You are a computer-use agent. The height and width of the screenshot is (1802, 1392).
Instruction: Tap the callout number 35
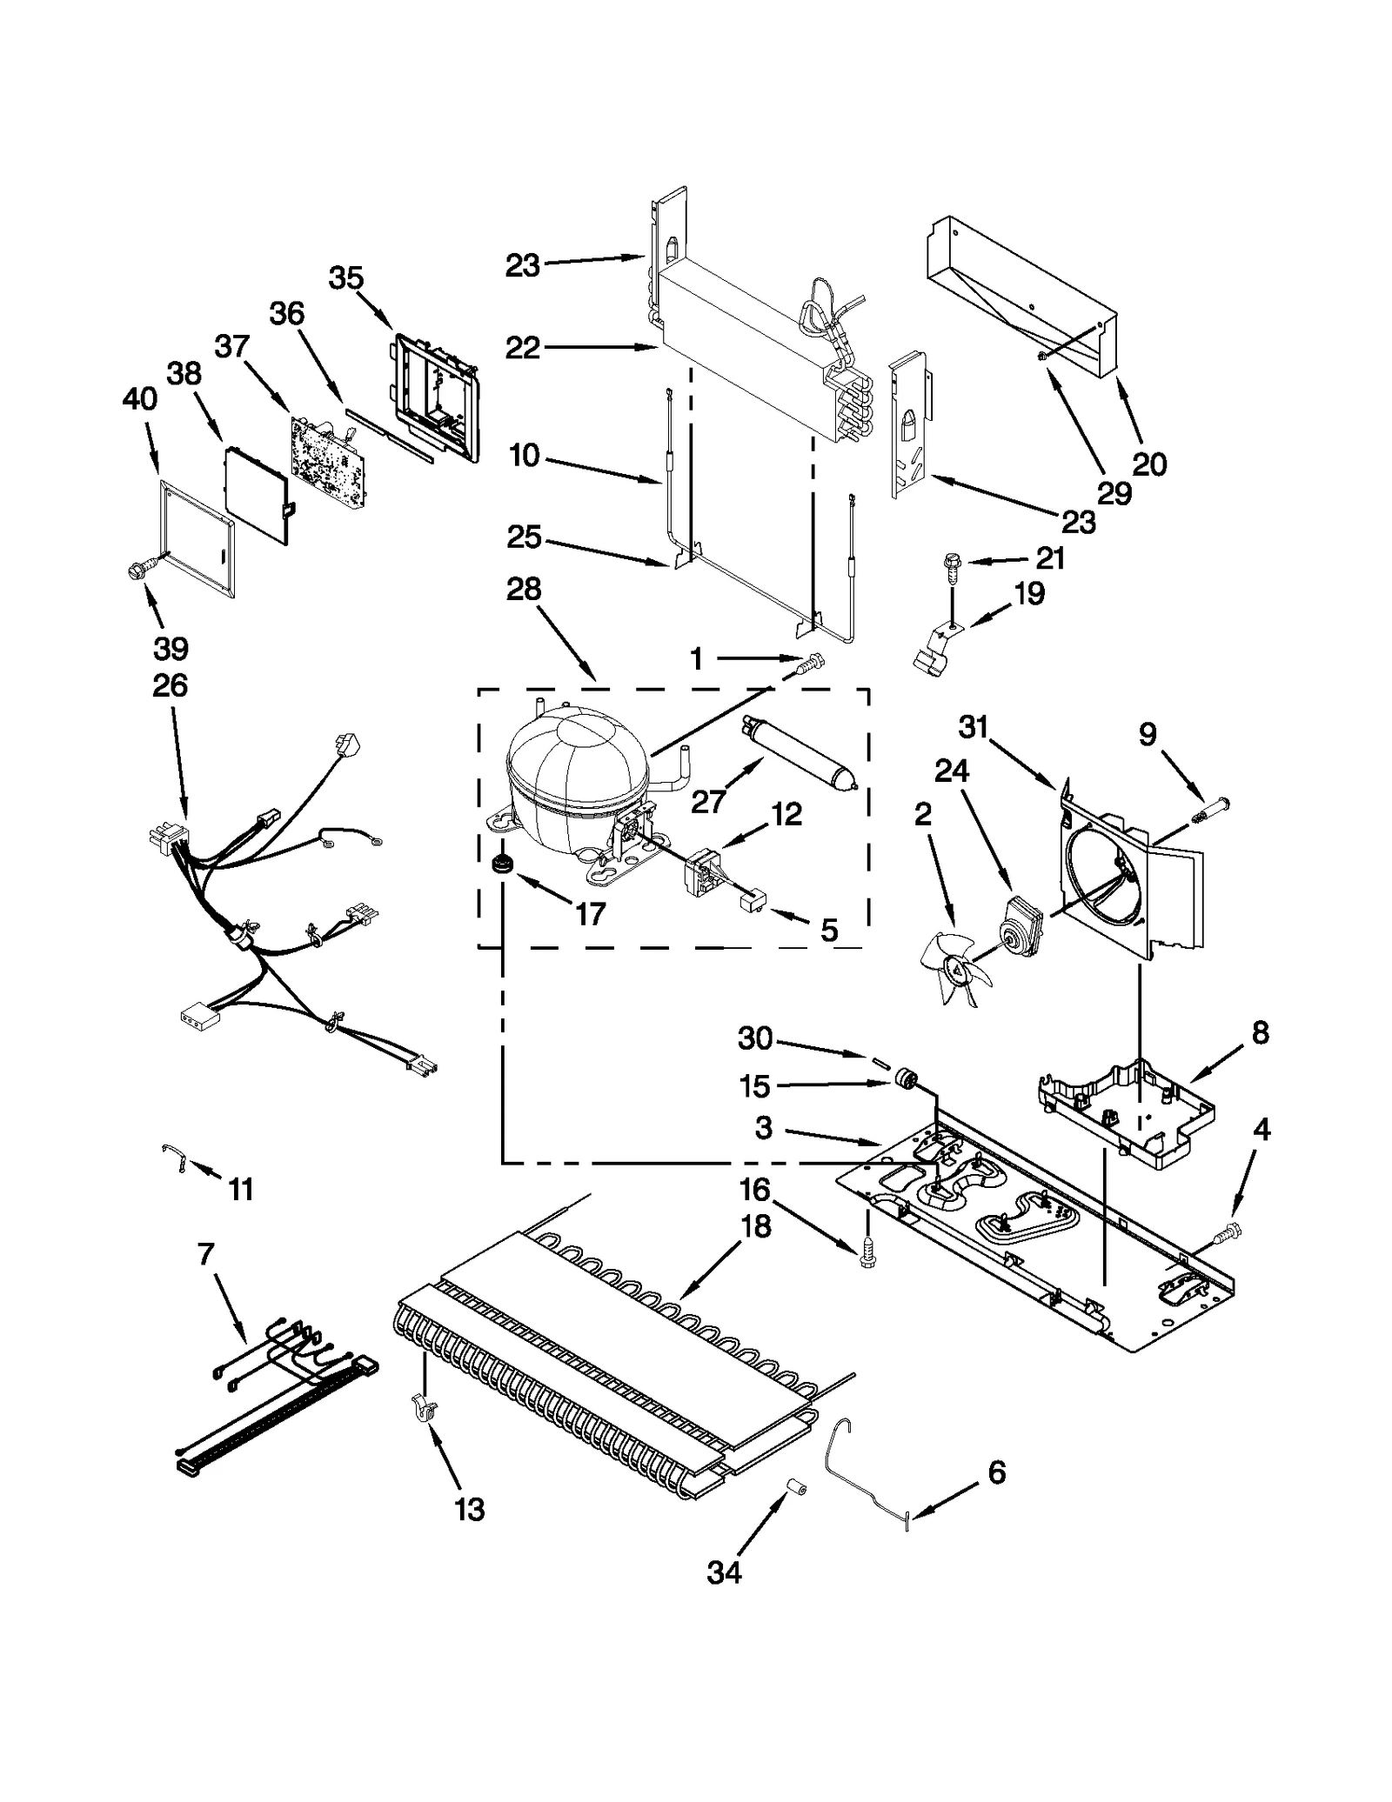pos(345,279)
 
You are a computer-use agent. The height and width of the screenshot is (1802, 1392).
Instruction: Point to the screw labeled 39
pos(137,570)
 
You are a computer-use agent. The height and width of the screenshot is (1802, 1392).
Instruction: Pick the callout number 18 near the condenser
pos(755,1227)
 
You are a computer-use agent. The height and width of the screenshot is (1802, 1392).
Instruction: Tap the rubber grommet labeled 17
pos(500,864)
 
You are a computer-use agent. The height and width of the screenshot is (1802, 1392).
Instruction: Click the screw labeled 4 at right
pos(1230,1230)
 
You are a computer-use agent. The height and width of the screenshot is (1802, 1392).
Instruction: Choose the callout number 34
pos(724,1572)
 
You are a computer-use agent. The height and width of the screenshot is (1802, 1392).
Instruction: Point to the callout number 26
pos(170,685)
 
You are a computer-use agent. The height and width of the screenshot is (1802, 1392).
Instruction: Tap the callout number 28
pos(524,590)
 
